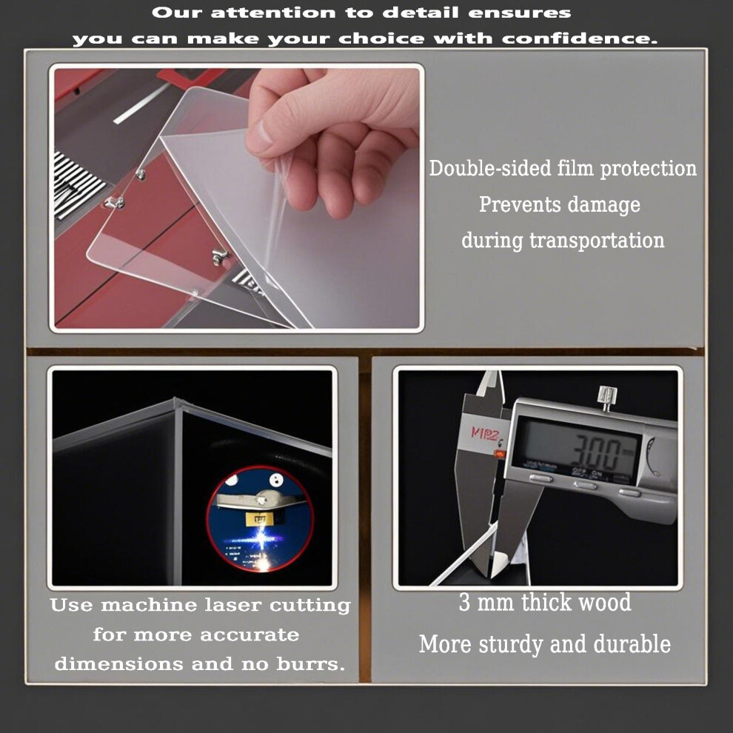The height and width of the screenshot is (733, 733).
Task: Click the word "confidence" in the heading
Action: [x=580, y=39]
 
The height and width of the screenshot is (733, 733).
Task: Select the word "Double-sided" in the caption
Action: [x=490, y=168]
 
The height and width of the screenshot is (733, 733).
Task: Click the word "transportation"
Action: [x=597, y=241]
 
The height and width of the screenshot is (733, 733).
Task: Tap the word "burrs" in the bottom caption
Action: [x=310, y=664]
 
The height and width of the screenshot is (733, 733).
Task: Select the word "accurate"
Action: [x=250, y=635]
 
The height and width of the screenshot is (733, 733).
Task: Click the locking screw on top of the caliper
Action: [x=607, y=397]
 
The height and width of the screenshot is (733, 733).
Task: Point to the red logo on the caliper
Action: [x=484, y=434]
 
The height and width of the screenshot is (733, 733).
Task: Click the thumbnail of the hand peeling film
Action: [x=236, y=198]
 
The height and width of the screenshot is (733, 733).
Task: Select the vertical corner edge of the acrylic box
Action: [x=178, y=492]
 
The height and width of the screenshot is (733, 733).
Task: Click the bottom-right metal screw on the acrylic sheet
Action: [x=219, y=255]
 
